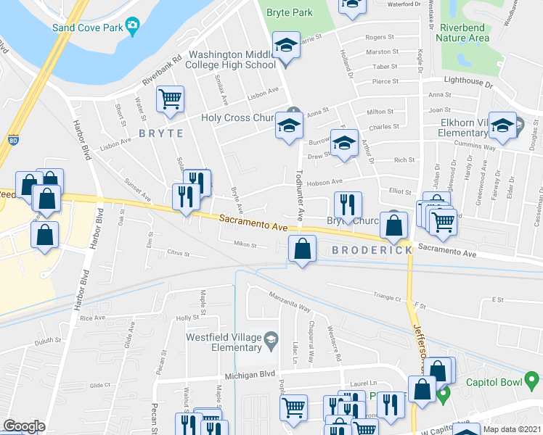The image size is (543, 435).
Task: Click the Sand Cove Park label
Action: (x=86, y=28)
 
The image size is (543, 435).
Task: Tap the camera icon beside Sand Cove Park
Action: (x=132, y=28)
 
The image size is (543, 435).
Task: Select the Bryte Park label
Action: (x=289, y=12)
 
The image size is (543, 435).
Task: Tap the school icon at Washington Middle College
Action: (x=286, y=46)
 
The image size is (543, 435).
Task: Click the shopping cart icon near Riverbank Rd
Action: (x=171, y=99)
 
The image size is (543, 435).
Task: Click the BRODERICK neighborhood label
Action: (x=372, y=250)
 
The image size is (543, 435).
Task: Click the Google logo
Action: (x=24, y=426)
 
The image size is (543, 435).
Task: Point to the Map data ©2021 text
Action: (x=512, y=429)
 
